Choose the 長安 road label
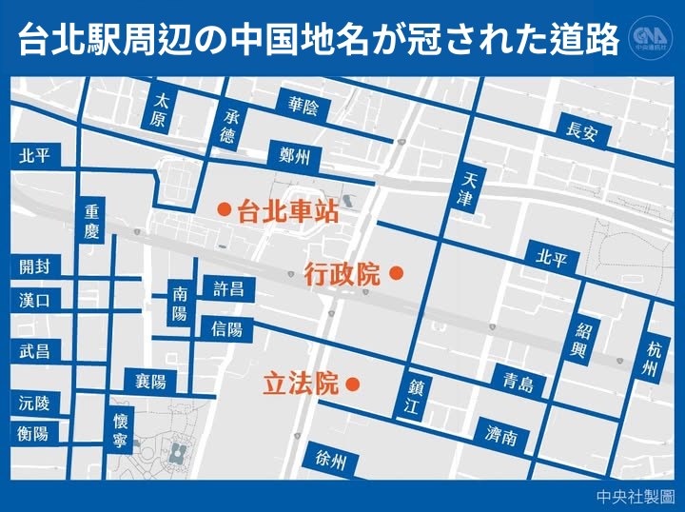pyautogui.click(x=581, y=131)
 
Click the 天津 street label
pyautogui.click(x=465, y=190)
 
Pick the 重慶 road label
pyautogui.click(x=91, y=222)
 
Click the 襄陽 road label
pyautogui.click(x=149, y=382)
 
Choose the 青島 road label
pyautogui.click(x=519, y=383)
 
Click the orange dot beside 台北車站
pyautogui.click(x=224, y=208)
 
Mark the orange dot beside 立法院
pyautogui.click(x=352, y=385)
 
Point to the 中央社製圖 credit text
pyautogui.click(x=636, y=496)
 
